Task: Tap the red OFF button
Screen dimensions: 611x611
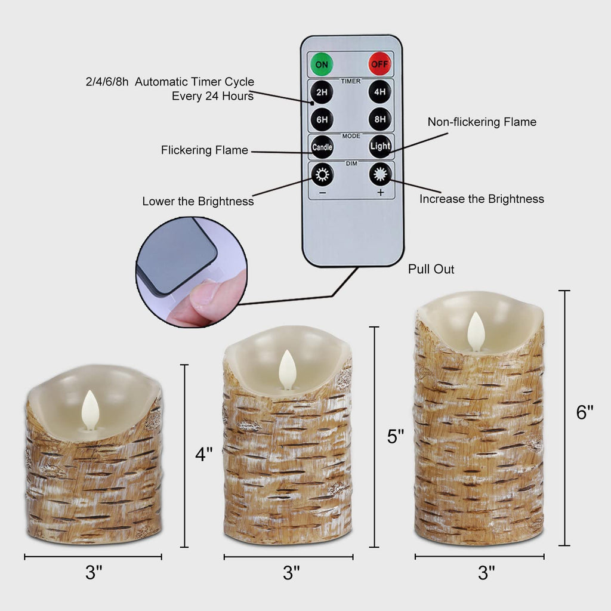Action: click(x=379, y=63)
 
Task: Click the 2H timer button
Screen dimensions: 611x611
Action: click(x=322, y=92)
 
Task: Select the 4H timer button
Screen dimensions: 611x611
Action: click(x=380, y=92)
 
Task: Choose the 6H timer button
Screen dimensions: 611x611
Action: click(x=322, y=119)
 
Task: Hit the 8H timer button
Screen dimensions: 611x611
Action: click(x=380, y=119)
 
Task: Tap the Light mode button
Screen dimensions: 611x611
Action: click(x=380, y=146)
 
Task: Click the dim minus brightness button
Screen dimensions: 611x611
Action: click(x=322, y=175)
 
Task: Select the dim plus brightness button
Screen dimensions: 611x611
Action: click(x=380, y=175)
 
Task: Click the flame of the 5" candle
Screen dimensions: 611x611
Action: click(x=288, y=369)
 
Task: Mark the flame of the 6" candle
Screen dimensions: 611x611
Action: click(x=476, y=331)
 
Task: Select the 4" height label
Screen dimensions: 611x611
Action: click(x=204, y=454)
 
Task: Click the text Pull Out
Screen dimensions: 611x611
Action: click(x=431, y=269)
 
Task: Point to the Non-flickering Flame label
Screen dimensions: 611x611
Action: click(x=482, y=122)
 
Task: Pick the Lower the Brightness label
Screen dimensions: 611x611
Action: click(x=198, y=202)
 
